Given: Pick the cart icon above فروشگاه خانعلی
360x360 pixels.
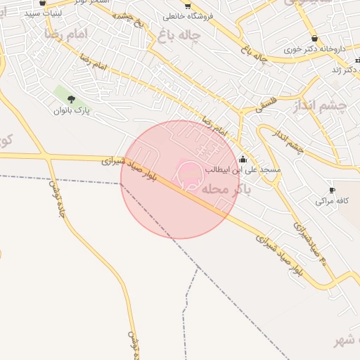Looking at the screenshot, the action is click(187, 5).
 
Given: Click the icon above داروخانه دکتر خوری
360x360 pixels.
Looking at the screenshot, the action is click(314, 39).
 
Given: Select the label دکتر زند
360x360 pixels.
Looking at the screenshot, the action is click(346, 70).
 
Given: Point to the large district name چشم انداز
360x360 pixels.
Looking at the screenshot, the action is click(330, 105).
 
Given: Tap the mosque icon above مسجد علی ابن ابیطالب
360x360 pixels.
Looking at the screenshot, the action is click(243, 159).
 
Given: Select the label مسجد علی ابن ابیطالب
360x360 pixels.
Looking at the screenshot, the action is click(243, 169).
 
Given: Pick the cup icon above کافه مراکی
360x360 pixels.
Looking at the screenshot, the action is click(332, 190).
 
